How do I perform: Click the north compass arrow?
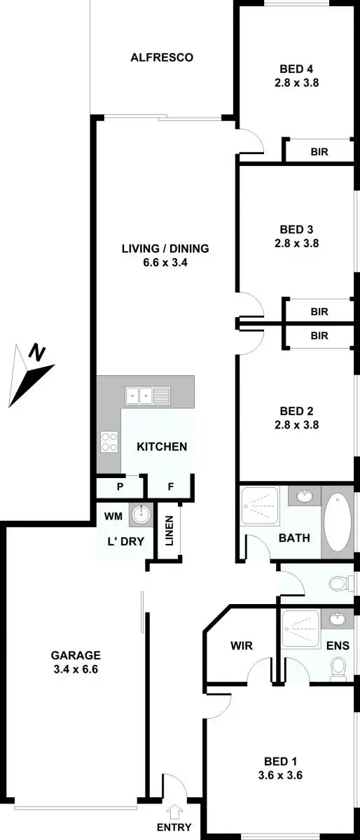[32, 375]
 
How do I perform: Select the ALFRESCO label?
[162, 57]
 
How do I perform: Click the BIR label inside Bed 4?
[319, 150]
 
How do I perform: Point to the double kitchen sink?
[148, 395]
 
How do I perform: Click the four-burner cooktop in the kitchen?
[109, 440]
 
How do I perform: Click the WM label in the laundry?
[113, 517]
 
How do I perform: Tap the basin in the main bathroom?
[305, 496]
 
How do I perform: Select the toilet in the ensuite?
[338, 667]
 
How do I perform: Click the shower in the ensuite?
[300, 631]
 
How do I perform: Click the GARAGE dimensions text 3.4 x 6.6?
[76, 668]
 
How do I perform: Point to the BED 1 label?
[281, 762]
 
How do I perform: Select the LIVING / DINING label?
[165, 248]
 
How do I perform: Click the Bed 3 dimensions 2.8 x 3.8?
[296, 244]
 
